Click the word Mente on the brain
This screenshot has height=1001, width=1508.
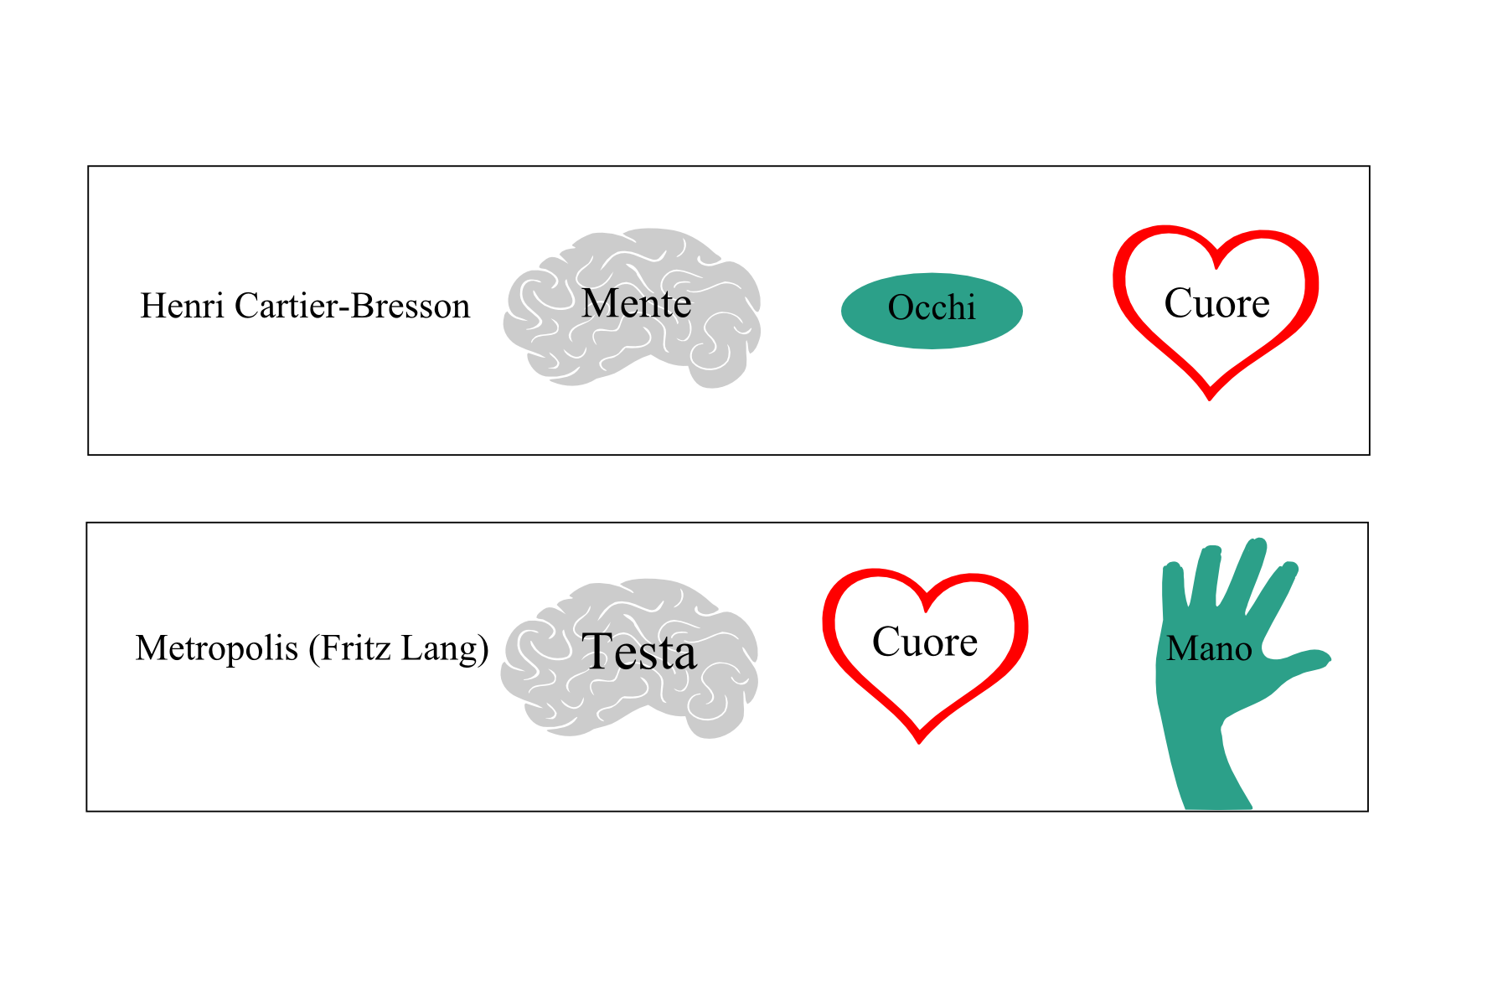click(x=637, y=303)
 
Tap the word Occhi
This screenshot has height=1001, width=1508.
click(x=932, y=308)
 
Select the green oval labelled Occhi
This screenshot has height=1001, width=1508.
click(x=932, y=311)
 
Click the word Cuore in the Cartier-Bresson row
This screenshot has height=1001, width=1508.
click(x=1216, y=302)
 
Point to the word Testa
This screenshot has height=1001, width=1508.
click(x=639, y=652)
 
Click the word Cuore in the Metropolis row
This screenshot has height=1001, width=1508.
click(x=925, y=642)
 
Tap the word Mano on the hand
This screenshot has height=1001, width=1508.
click(x=1209, y=648)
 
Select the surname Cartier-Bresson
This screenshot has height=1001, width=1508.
click(x=352, y=306)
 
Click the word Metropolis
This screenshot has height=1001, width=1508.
click(x=217, y=649)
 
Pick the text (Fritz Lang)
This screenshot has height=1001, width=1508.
click(x=399, y=649)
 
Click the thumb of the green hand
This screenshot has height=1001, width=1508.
click(x=1297, y=663)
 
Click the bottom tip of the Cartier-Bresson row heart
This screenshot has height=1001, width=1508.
click(x=1210, y=398)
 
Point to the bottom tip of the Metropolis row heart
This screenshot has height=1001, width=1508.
click(x=919, y=740)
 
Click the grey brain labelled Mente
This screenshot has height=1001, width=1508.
click(x=633, y=308)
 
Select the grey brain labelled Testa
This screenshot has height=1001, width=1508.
click(x=630, y=658)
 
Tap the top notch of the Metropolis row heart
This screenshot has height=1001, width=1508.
click(x=927, y=606)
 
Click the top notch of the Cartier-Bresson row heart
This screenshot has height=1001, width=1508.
click(x=1216, y=261)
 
